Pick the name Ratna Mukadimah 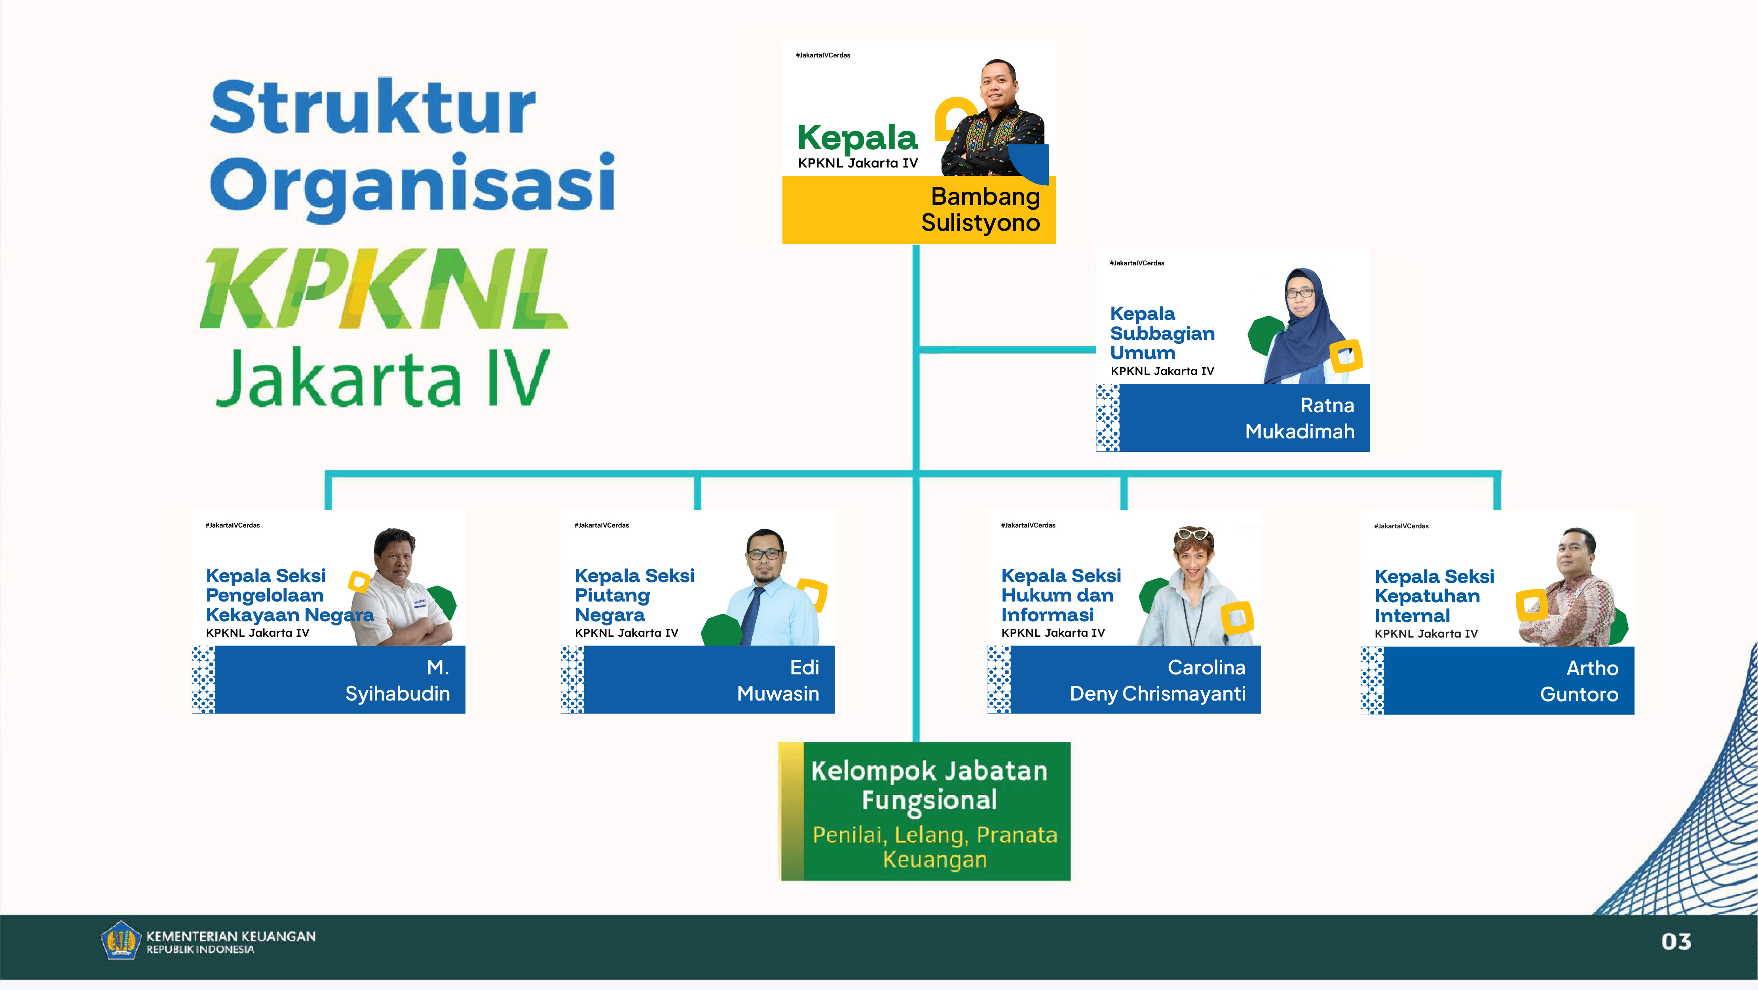[x=1299, y=418]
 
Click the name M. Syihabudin [x=397, y=680]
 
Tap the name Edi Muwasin [x=778, y=680]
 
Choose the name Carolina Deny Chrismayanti [x=1158, y=680]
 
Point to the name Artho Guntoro [x=1579, y=681]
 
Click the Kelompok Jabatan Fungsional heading [x=930, y=786]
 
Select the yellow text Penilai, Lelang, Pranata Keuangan [x=934, y=847]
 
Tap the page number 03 [x=1676, y=942]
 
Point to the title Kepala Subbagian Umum [x=1162, y=333]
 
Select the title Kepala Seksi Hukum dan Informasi [x=1061, y=595]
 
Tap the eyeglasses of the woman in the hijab [x=1300, y=293]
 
